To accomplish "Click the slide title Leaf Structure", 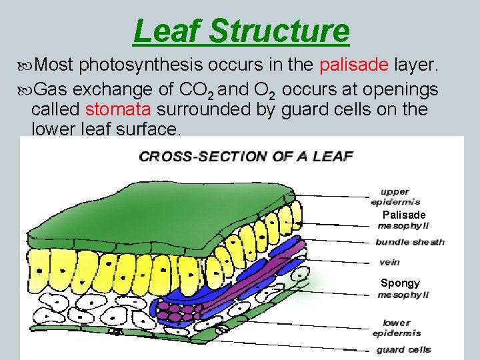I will coord(241,31).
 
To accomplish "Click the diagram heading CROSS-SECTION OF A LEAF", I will coord(245,157).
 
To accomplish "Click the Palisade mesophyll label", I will coord(403,220).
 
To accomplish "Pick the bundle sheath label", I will coord(410,242).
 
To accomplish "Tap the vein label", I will coord(389,262).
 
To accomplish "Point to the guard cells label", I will coord(403,349).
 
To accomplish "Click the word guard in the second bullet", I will coord(302,109).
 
